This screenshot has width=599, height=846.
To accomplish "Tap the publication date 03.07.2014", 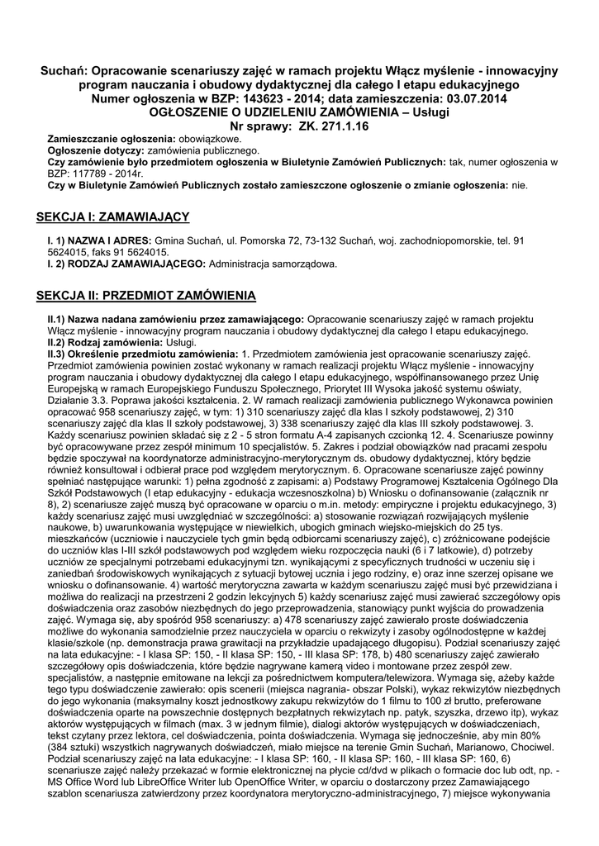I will click(478, 98).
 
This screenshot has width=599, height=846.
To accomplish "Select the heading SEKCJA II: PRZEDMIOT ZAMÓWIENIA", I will click(147, 295).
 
